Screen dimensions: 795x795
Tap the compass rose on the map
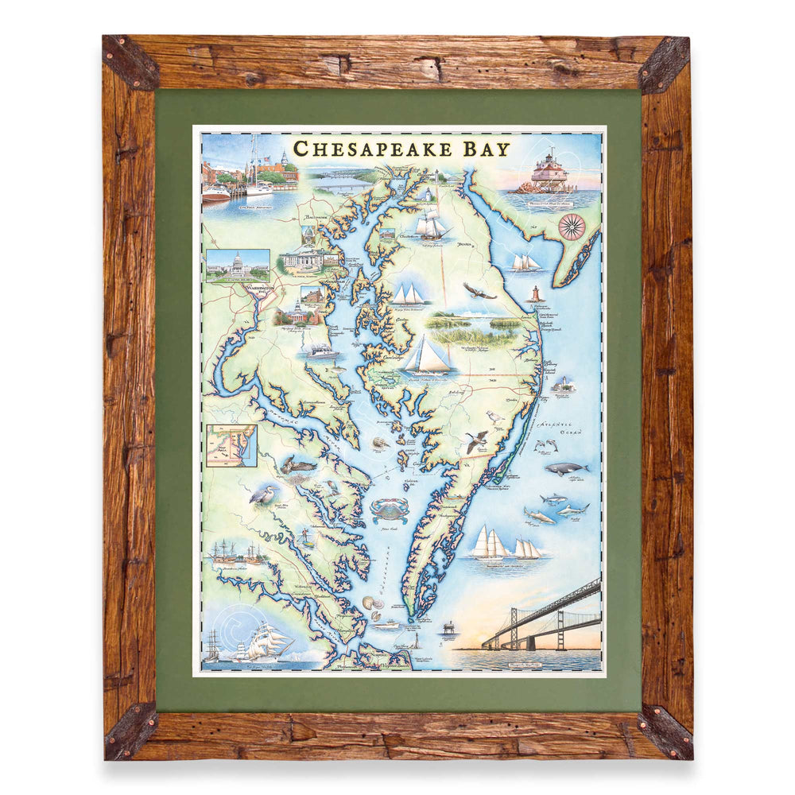571,227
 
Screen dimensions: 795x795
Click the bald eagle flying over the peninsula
479,292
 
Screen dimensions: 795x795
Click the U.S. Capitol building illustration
236,263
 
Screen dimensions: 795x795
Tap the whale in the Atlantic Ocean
566,468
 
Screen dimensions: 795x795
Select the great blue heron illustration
263,494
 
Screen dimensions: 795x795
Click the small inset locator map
231,445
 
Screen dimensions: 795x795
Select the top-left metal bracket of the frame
130,61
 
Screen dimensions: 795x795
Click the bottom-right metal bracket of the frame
665,729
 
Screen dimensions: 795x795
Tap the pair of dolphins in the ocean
546,445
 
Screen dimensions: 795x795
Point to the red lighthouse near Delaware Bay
535,294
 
